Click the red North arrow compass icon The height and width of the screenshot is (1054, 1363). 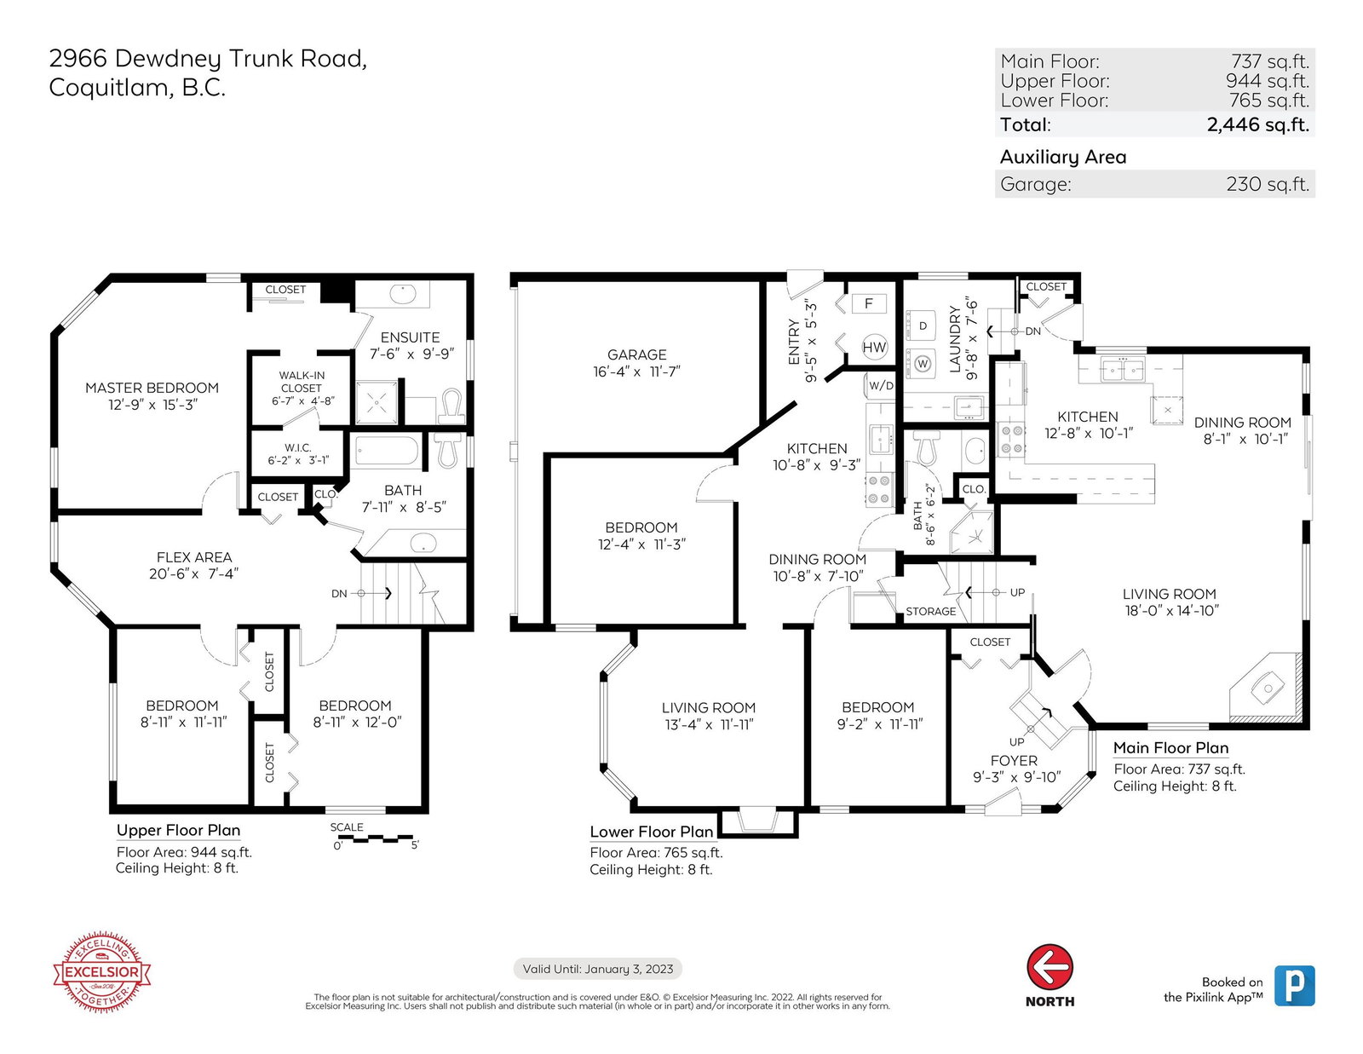[1050, 967]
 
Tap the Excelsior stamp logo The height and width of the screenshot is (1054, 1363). [101, 972]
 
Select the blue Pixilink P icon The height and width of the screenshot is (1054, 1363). [1294, 986]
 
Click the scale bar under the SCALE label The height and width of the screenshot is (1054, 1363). [375, 838]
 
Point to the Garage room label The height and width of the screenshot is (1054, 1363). [636, 354]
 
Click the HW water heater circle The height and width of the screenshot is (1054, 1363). [874, 347]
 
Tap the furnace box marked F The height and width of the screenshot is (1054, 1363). [868, 303]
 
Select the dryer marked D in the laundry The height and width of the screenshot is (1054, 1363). [922, 325]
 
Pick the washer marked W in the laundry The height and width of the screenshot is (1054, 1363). [922, 363]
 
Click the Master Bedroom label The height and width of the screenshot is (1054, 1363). [152, 388]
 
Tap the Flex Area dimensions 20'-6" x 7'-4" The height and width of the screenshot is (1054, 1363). [194, 574]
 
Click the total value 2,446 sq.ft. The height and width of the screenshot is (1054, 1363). [1257, 124]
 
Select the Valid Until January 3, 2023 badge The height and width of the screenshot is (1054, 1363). [597, 969]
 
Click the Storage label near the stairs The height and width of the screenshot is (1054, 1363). [930, 611]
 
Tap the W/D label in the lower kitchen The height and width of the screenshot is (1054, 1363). [881, 385]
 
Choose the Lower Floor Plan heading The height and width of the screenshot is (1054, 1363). [651, 832]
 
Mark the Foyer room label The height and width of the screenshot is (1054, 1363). [1014, 761]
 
